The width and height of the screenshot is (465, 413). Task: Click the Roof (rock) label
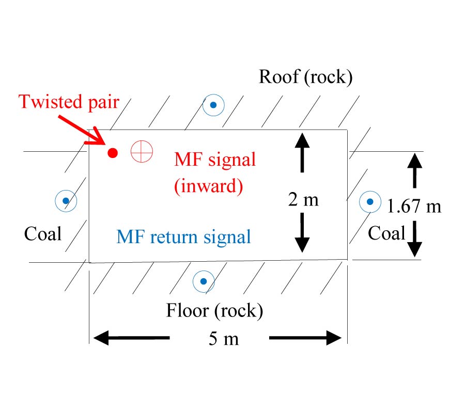(x=305, y=77)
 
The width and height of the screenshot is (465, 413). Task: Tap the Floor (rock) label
(x=214, y=311)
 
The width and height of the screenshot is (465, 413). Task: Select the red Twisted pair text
(x=69, y=101)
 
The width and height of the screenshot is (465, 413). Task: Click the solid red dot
(x=113, y=153)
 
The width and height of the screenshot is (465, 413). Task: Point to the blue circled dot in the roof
(x=213, y=106)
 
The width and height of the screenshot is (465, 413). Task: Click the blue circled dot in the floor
(x=204, y=281)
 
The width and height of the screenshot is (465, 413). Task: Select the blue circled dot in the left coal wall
(x=66, y=201)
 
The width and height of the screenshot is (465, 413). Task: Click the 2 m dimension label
(x=303, y=200)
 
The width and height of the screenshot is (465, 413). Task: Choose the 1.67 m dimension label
(x=414, y=206)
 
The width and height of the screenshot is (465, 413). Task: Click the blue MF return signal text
(x=183, y=237)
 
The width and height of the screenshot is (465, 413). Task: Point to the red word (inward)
(x=208, y=186)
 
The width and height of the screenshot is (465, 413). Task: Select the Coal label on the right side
(x=386, y=233)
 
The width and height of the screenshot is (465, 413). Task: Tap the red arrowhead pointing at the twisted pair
(x=96, y=138)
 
